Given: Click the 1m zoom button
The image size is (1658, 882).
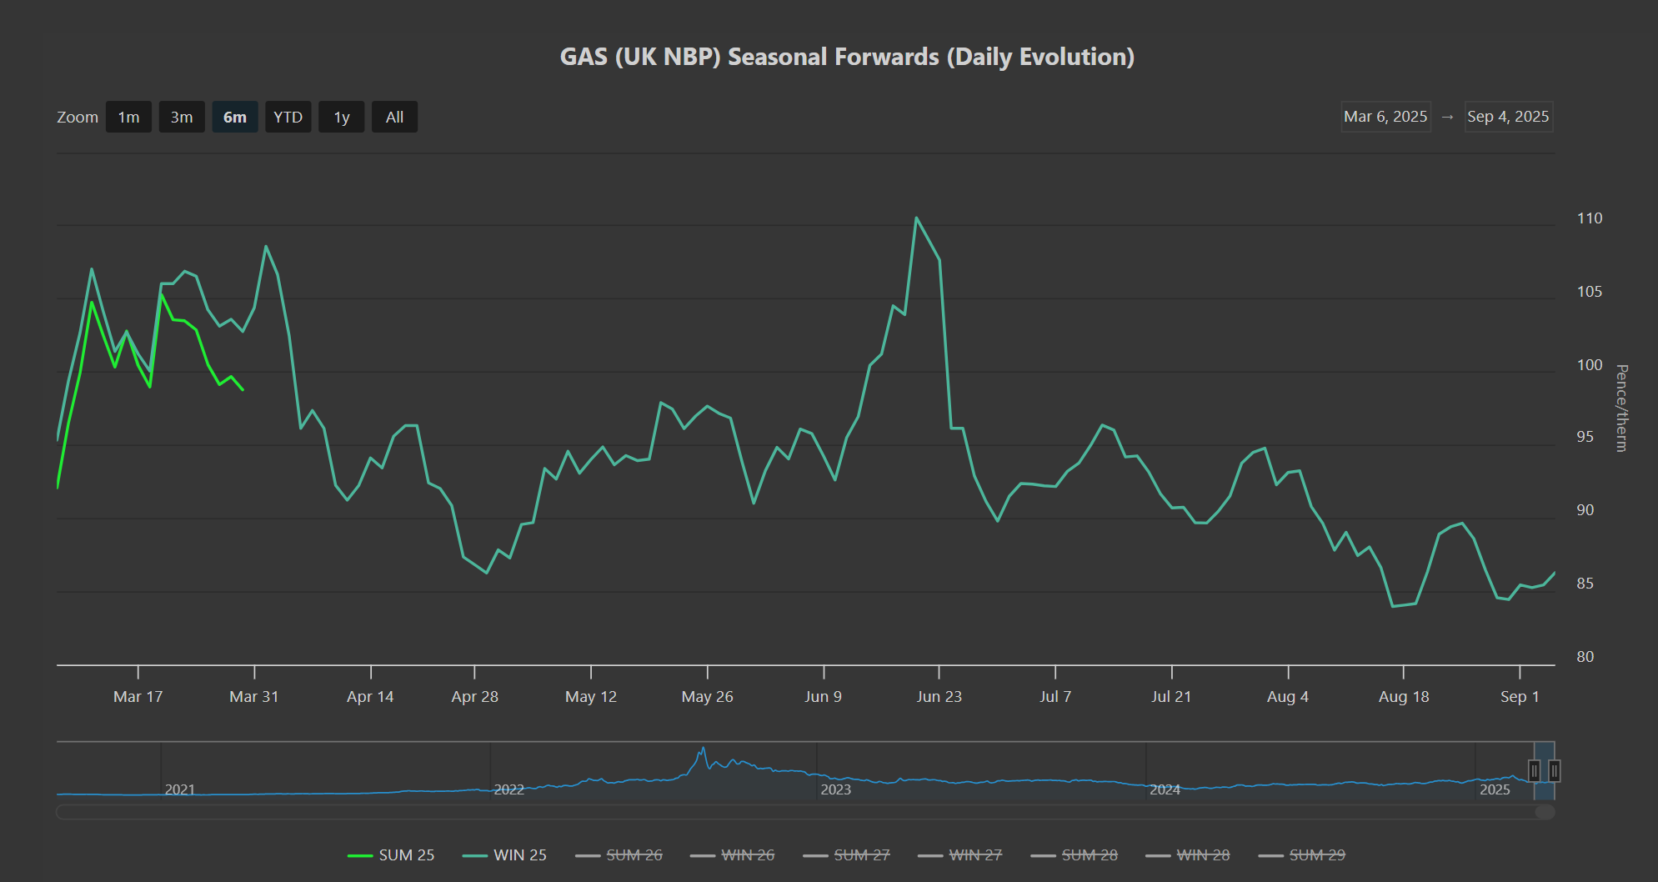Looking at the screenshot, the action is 128,118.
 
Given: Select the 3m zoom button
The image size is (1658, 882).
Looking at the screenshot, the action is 182,118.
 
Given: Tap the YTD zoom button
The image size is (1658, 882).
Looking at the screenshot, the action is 288,118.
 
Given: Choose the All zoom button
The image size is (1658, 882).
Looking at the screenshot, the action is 394,118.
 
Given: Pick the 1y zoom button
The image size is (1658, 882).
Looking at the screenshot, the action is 342,118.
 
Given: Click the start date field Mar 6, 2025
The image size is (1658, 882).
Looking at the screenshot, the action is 1385,117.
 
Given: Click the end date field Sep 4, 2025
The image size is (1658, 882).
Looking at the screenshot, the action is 1508,117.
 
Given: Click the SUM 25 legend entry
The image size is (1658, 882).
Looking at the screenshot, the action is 391,855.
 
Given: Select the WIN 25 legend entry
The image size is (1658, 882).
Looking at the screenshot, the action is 504,855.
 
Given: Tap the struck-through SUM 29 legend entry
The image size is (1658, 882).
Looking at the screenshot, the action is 1301,855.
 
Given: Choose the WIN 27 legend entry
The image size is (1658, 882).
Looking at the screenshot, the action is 959,855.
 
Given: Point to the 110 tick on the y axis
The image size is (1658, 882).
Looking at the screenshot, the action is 1589,218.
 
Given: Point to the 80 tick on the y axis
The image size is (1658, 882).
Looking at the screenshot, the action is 1585,657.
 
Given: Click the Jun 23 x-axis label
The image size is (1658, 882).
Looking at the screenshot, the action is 939,697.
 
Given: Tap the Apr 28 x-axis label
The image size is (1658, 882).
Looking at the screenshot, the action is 474,697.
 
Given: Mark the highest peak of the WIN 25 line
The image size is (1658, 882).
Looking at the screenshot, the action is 916,218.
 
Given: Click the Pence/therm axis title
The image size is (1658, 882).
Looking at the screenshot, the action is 1621,408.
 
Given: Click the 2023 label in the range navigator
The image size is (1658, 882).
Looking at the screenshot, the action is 835,789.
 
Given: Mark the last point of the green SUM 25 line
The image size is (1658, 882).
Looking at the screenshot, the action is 243,389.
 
